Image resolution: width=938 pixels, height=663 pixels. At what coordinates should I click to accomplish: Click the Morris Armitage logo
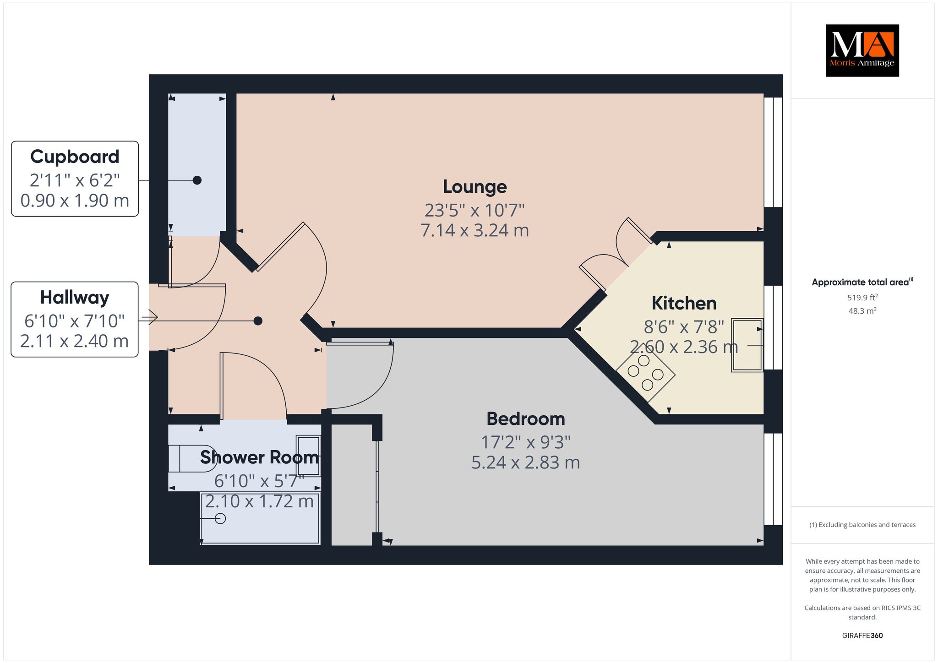(862, 50)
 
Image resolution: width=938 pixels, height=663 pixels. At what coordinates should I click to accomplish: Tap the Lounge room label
(475, 187)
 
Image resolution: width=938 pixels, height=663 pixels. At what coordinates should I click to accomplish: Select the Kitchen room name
(684, 303)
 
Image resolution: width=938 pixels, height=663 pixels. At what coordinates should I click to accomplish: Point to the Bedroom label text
(526, 418)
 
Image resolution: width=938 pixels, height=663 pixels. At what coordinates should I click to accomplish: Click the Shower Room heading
(259, 457)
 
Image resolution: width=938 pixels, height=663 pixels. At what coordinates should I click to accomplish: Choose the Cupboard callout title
(75, 157)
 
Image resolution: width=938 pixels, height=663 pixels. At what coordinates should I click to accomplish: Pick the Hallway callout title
(75, 298)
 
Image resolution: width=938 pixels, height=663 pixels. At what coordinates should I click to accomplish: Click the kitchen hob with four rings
(645, 372)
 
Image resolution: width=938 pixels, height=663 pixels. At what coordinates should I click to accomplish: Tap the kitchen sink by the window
(747, 345)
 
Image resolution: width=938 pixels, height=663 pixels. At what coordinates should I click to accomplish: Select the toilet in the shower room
(192, 458)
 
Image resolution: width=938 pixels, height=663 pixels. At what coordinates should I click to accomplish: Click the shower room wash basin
(308, 456)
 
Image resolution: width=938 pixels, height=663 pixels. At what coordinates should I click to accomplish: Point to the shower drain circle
(220, 519)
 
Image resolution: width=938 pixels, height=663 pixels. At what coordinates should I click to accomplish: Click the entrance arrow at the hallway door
(150, 317)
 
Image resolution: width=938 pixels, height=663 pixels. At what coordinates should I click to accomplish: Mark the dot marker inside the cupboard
(197, 180)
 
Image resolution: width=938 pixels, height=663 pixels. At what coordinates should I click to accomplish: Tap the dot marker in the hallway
(258, 321)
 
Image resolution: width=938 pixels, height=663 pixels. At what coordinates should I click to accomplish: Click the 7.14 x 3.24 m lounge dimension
(475, 230)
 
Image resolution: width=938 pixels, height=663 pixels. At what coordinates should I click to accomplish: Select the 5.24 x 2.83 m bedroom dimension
(526, 462)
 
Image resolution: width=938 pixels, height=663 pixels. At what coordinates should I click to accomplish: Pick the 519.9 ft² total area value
(862, 298)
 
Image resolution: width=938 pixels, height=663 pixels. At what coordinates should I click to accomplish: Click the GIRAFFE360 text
(862, 636)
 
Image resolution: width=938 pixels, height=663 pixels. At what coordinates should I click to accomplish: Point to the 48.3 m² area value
(862, 311)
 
